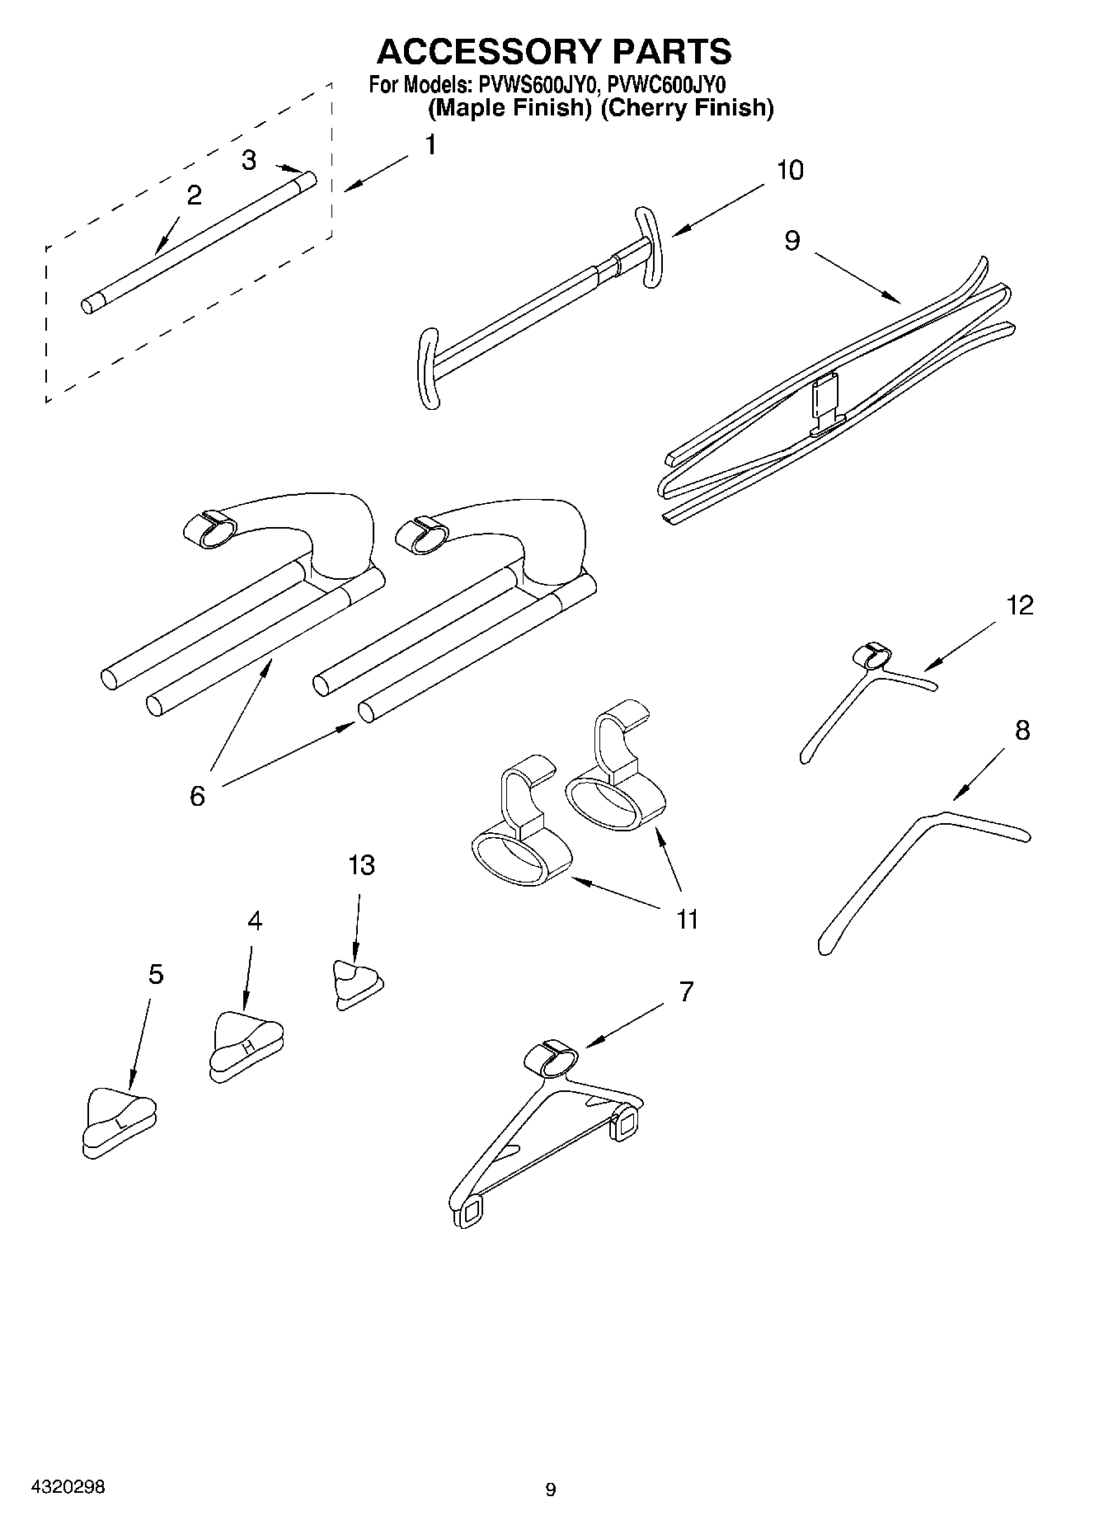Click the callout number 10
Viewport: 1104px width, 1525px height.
(789, 171)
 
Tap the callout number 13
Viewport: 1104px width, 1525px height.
(361, 865)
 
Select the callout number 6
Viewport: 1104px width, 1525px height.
(197, 796)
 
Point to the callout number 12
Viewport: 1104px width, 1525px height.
(1020, 605)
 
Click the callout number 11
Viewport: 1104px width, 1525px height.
(687, 919)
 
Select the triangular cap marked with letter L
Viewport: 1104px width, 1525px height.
(120, 1122)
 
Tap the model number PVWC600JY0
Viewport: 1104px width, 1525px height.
(665, 84)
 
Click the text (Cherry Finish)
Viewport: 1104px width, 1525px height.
(687, 108)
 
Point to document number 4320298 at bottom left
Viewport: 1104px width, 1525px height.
(68, 1486)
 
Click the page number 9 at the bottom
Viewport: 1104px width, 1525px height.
(551, 1490)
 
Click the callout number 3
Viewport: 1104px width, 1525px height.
(249, 160)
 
